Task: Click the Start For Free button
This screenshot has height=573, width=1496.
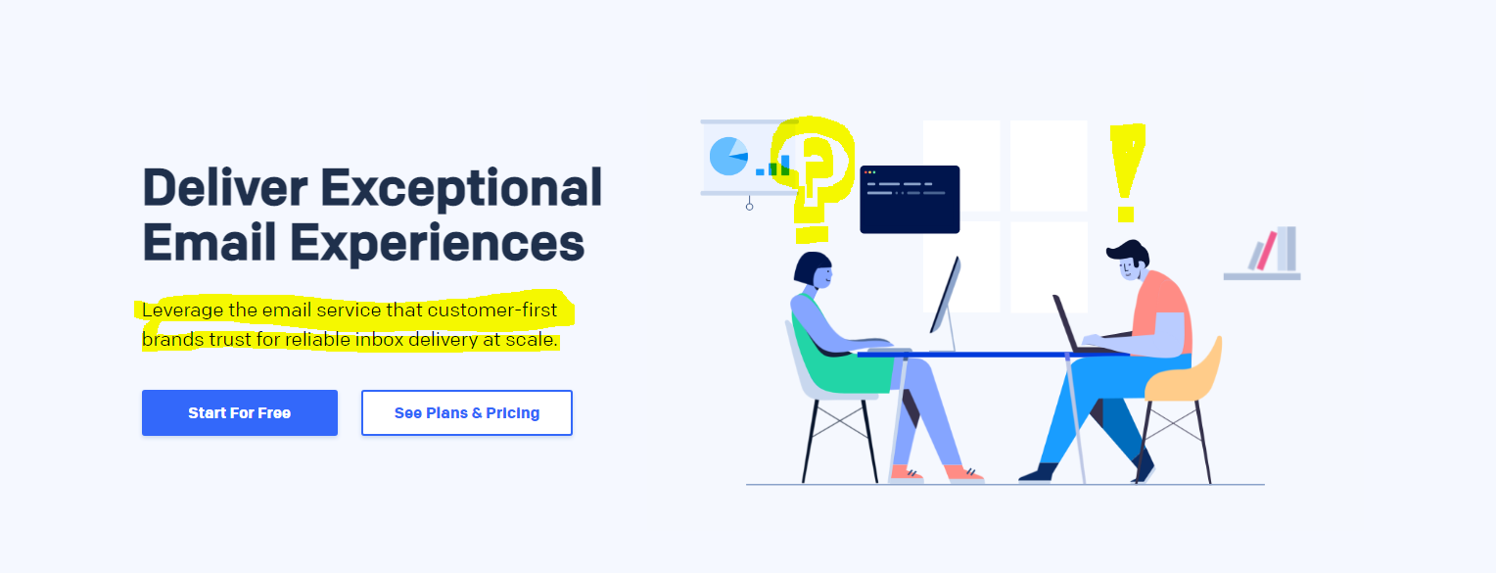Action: pos(240,412)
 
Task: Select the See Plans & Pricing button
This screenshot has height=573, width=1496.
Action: pos(467,412)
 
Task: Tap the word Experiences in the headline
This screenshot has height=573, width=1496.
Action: pos(438,244)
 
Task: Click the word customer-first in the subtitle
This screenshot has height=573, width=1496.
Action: pos(492,310)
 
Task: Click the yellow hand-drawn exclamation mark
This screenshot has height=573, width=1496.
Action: pos(1127,172)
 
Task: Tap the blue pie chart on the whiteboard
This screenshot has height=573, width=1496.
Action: pos(728,157)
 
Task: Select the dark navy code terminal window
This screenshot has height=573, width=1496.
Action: pos(910,200)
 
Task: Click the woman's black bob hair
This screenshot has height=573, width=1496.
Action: pos(810,267)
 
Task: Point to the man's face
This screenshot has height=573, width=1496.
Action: pos(1130,267)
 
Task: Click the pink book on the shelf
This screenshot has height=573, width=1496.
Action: pos(1267,251)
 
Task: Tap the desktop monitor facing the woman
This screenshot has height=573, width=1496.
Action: pos(945,297)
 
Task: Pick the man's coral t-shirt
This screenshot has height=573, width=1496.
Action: pos(1162,309)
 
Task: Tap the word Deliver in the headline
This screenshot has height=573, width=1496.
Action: pos(225,188)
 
